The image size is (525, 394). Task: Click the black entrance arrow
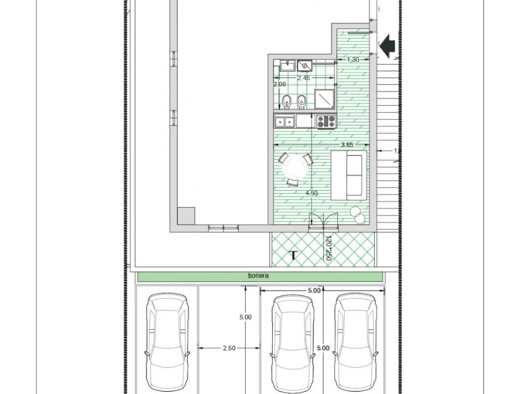coord(387,45)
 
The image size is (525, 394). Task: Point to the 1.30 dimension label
coord(353,60)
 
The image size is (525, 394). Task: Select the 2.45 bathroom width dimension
coord(304,78)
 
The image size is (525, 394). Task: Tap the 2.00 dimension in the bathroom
coord(279,84)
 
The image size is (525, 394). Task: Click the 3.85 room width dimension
coord(347,145)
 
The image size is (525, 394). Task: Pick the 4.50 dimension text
coord(311,193)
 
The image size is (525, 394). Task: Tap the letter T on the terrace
coord(293,255)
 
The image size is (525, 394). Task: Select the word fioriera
coord(258,277)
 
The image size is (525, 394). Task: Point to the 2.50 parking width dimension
coord(229,348)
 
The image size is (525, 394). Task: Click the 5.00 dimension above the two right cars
coord(314,290)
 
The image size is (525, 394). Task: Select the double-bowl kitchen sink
coord(284,121)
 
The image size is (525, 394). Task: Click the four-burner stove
coord(326,121)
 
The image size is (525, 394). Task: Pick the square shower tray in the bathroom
coord(325,99)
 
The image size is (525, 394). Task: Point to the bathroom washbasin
coord(287,66)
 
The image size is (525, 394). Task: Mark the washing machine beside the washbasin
coord(305,66)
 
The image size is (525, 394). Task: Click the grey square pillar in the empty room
coord(186,216)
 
